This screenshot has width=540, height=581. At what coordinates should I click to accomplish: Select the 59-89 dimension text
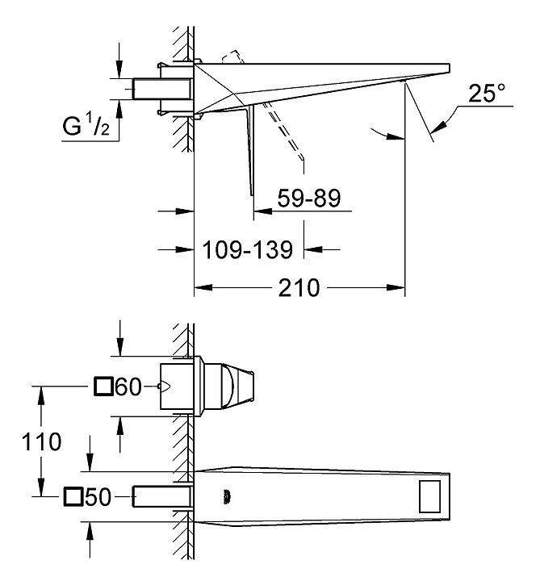tap(309, 199)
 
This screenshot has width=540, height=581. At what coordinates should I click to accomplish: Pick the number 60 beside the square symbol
tap(128, 388)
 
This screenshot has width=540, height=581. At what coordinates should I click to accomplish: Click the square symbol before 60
tap(103, 387)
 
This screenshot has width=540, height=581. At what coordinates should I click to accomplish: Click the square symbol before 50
tap(73, 496)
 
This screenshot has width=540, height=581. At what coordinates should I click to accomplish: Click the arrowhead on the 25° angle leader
tap(437, 126)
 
